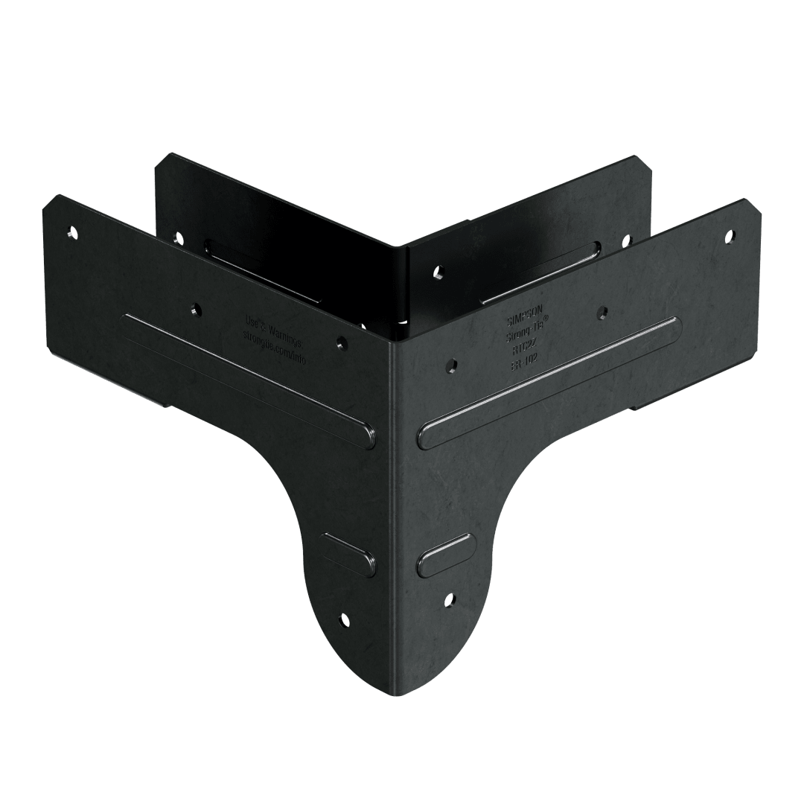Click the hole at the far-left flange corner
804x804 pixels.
tap(72, 232)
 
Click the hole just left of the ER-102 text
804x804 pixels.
tap(450, 366)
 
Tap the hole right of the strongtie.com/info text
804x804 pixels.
tap(340, 342)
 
